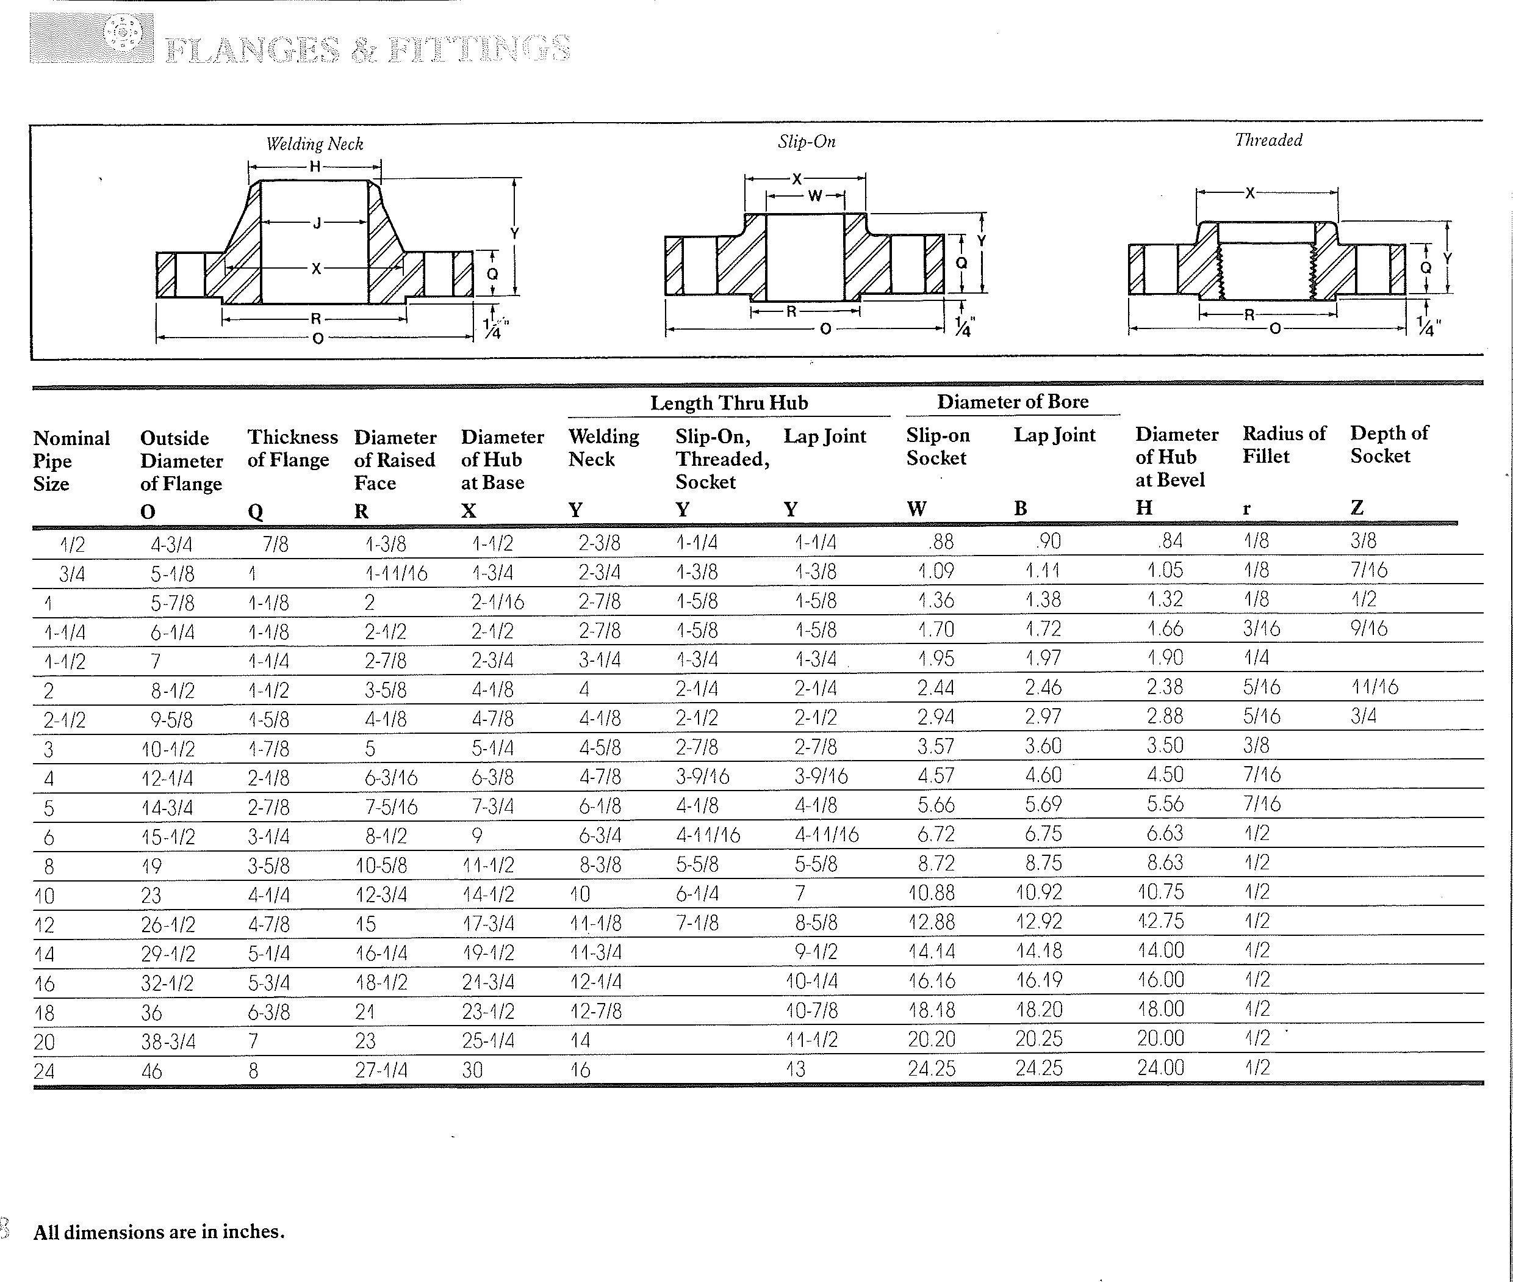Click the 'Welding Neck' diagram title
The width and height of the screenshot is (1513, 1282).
315,144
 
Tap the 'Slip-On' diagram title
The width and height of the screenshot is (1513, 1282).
807,141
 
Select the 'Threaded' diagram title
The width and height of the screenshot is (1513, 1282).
1268,140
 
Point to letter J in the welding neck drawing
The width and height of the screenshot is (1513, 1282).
317,223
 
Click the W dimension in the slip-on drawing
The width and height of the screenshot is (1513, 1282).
814,195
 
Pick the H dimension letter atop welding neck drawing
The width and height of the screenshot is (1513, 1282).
315,167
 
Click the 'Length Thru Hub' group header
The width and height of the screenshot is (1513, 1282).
728,403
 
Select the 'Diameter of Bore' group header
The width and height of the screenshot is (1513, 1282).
1013,402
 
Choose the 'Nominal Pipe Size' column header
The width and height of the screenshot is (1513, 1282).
71,461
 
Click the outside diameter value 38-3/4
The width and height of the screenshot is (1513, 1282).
168,1041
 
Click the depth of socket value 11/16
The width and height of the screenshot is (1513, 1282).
1375,687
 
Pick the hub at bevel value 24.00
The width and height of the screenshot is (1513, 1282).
1160,1068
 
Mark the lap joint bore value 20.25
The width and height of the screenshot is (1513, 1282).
1039,1039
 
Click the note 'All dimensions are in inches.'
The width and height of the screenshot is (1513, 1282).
159,1232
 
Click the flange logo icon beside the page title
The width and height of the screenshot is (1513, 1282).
122,33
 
